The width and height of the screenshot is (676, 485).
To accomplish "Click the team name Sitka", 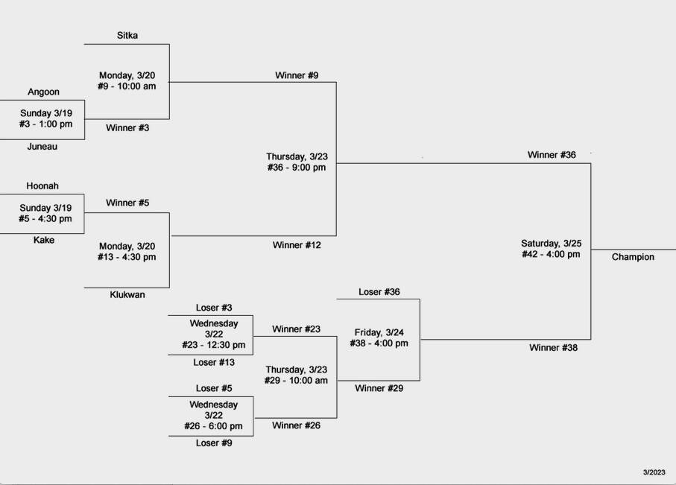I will click(x=127, y=35).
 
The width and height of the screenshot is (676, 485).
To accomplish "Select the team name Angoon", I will click(x=43, y=92).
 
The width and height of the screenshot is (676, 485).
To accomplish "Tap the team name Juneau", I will click(x=42, y=147).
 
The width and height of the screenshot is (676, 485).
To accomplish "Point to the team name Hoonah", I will click(x=42, y=186).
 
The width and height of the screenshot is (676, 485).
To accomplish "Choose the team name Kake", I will click(x=44, y=240).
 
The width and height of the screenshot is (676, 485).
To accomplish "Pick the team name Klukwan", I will click(x=127, y=294).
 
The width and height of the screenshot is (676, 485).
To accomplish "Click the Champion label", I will click(x=633, y=257).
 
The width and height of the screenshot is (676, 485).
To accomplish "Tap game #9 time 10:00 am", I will click(x=127, y=86).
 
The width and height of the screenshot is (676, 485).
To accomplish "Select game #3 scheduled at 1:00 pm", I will click(x=46, y=124).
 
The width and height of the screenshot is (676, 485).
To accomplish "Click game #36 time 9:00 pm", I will click(x=297, y=168).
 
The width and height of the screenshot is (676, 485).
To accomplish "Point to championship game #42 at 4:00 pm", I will click(x=550, y=254).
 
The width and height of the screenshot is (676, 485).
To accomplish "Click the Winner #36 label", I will click(x=552, y=155).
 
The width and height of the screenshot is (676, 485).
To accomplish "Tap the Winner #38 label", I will click(x=553, y=347).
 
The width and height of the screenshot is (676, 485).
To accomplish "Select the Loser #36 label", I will click(x=379, y=292).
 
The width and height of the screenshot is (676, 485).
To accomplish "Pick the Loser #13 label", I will click(x=214, y=362).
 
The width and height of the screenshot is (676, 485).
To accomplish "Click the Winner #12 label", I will click(x=297, y=245).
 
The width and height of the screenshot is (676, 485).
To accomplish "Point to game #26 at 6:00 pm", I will click(x=213, y=426).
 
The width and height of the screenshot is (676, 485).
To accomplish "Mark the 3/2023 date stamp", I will click(x=654, y=472).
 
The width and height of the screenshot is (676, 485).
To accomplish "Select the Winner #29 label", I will click(x=379, y=388).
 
